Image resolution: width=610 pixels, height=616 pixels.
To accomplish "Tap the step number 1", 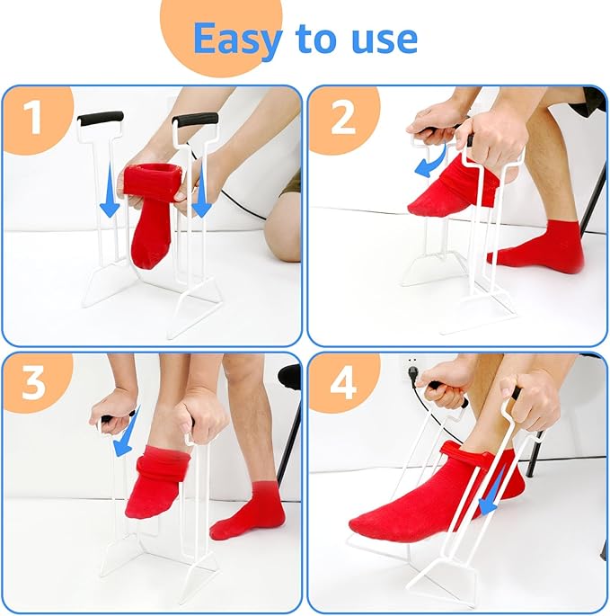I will click(x=34, y=118).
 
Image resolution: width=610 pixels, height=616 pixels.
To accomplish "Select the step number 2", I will click(x=341, y=118).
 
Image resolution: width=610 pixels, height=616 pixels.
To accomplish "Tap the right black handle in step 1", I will click(x=196, y=119).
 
